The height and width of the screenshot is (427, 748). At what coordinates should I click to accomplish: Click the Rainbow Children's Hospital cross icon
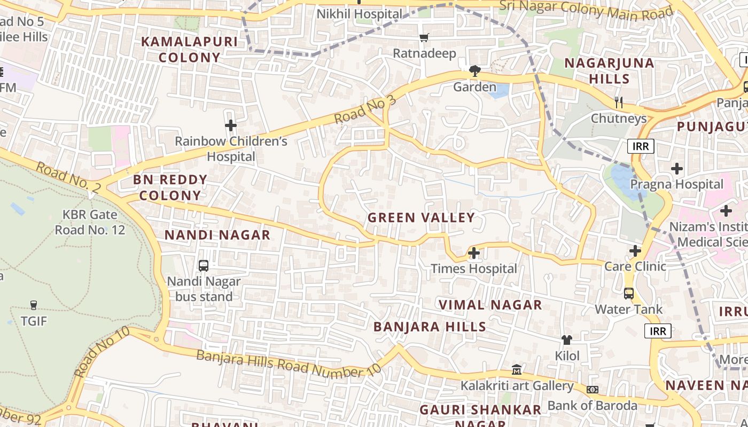click(x=231, y=126)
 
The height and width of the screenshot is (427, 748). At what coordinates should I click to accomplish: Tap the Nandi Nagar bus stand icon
click(x=204, y=265)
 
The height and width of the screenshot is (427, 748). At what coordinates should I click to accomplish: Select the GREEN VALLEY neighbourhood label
click(x=421, y=218)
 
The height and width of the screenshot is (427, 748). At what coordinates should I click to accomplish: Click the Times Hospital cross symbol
click(x=474, y=253)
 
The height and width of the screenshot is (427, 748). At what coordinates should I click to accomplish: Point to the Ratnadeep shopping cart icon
click(x=424, y=37)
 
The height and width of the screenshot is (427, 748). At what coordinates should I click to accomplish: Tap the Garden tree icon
click(x=474, y=70)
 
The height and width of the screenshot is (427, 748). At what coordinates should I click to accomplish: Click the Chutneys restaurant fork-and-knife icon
click(x=619, y=101)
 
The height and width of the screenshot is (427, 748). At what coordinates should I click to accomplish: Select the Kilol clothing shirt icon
click(x=567, y=339)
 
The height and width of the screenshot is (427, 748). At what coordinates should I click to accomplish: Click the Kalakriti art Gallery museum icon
click(x=517, y=369)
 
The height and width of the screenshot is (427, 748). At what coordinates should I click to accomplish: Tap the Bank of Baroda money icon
click(x=593, y=390)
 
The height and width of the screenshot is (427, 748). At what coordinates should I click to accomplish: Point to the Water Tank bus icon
click(x=629, y=293)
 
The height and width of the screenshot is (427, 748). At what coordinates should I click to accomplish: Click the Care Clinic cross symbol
click(x=635, y=250)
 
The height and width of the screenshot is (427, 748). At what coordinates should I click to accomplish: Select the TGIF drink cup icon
click(x=34, y=305)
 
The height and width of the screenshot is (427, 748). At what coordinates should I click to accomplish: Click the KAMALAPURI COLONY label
click(x=182, y=50)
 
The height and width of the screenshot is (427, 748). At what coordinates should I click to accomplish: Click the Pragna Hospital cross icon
click(x=677, y=169)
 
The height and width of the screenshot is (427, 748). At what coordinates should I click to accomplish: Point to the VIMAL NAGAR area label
click(x=490, y=305)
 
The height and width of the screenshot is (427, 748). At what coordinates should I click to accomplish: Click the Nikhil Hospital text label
click(x=359, y=14)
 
